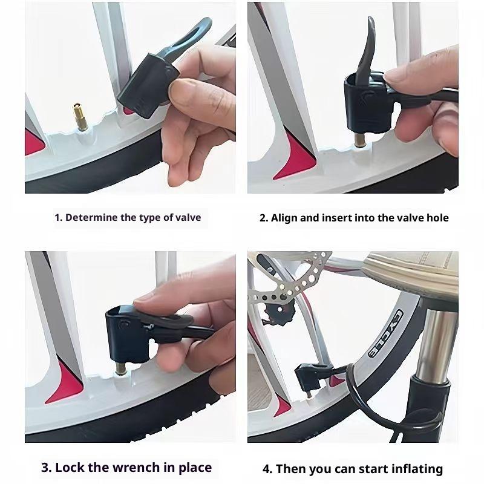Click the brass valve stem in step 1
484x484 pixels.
[x=80, y=117]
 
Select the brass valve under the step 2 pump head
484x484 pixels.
[x=360, y=140]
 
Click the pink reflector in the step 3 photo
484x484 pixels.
[x=66, y=383]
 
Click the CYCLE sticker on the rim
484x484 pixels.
[x=386, y=333]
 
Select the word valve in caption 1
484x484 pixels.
[x=188, y=218]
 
